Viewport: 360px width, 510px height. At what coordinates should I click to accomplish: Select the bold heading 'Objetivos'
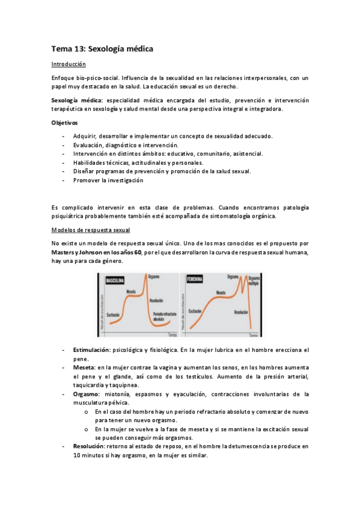[65, 123]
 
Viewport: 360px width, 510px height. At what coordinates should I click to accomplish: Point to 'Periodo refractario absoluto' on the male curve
[165, 317]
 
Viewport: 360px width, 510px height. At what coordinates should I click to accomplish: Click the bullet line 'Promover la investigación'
[108, 180]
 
